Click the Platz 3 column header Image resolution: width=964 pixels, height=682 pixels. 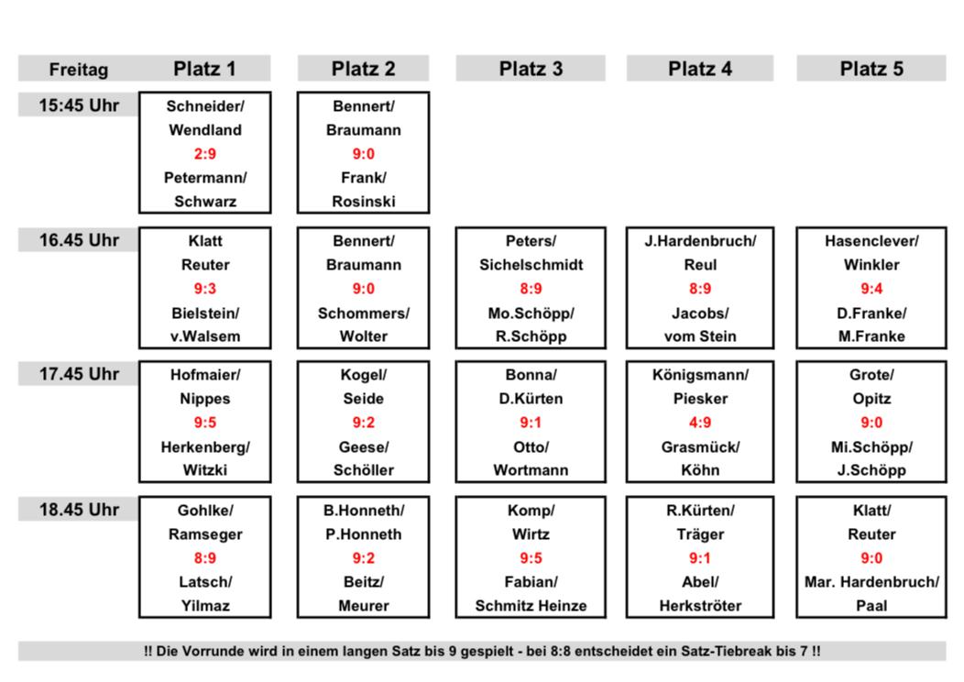[531, 68]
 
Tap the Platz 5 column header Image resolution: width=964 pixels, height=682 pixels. [871, 68]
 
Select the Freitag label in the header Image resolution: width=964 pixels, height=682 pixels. [79, 70]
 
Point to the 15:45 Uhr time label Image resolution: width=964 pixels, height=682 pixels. [79, 105]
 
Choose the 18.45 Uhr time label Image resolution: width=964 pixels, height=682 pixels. [79, 509]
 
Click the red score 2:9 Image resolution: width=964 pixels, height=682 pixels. [204, 154]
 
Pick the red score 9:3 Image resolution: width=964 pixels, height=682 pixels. [204, 289]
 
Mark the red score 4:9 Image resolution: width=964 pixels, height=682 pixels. [700, 423]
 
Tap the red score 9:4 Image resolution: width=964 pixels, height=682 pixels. [871, 289]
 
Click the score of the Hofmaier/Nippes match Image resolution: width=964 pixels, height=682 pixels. [204, 423]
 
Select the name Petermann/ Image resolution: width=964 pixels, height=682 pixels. [204, 178]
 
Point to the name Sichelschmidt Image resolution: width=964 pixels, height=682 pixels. [531, 265]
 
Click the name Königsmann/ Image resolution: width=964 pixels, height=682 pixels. [700, 375]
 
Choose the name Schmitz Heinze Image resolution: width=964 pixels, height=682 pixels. [531, 606]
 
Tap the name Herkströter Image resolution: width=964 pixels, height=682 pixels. [700, 606]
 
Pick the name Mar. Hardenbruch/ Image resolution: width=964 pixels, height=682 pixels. [871, 582]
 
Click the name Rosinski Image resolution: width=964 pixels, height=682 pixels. [364, 202]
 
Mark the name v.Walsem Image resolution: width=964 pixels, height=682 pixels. [204, 336]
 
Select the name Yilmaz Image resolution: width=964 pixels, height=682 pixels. [204, 606]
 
